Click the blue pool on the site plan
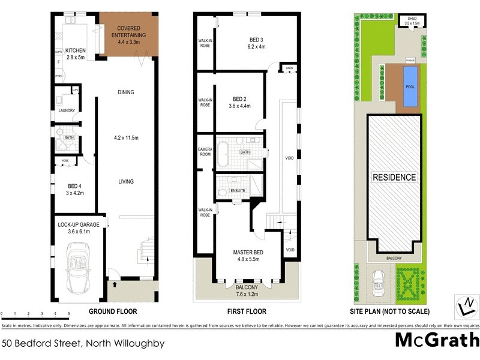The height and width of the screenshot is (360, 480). [x=411, y=87]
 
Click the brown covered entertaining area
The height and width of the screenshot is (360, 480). [x=128, y=34]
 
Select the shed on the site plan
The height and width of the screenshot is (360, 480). [x=412, y=21]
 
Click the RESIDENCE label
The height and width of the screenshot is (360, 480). [x=394, y=178]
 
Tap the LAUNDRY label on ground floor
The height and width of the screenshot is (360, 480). [x=66, y=110]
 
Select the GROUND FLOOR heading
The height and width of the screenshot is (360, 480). [x=113, y=311]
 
